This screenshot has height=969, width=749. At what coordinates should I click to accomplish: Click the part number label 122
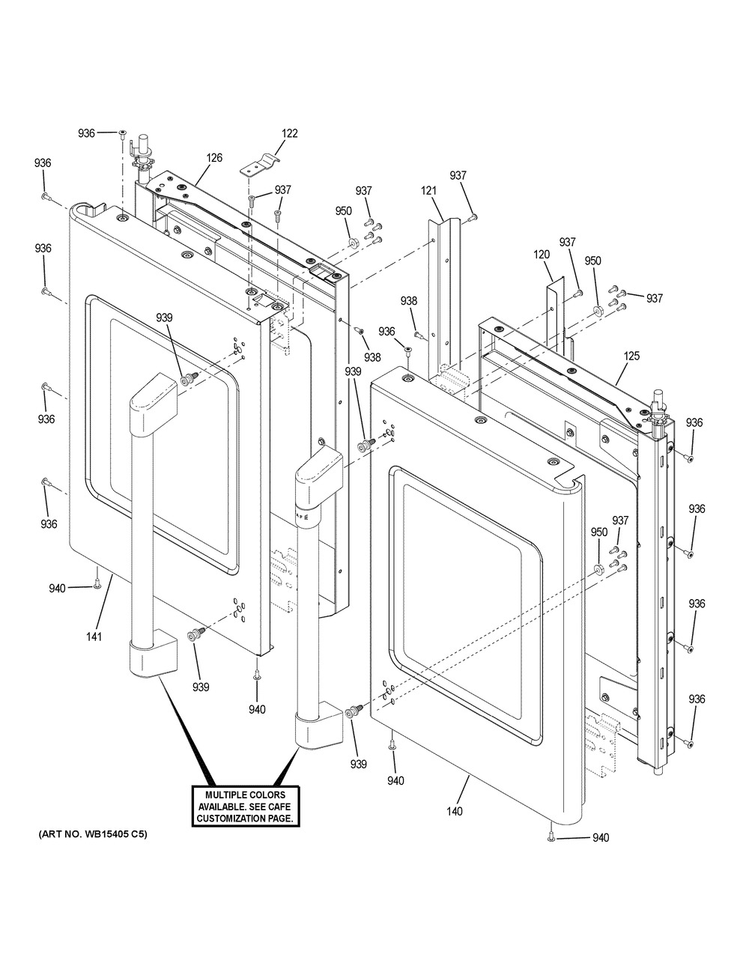click(x=290, y=133)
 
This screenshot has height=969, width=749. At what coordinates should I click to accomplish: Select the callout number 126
click(x=214, y=157)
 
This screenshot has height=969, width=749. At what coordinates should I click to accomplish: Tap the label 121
click(x=429, y=191)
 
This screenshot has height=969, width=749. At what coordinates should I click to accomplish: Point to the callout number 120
click(x=542, y=255)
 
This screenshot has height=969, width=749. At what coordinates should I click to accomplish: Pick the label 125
click(x=631, y=356)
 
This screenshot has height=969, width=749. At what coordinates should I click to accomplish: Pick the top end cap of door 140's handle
click(x=319, y=473)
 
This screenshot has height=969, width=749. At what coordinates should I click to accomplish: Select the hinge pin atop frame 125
click(x=658, y=407)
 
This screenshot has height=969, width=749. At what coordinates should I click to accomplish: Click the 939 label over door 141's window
click(x=164, y=318)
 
